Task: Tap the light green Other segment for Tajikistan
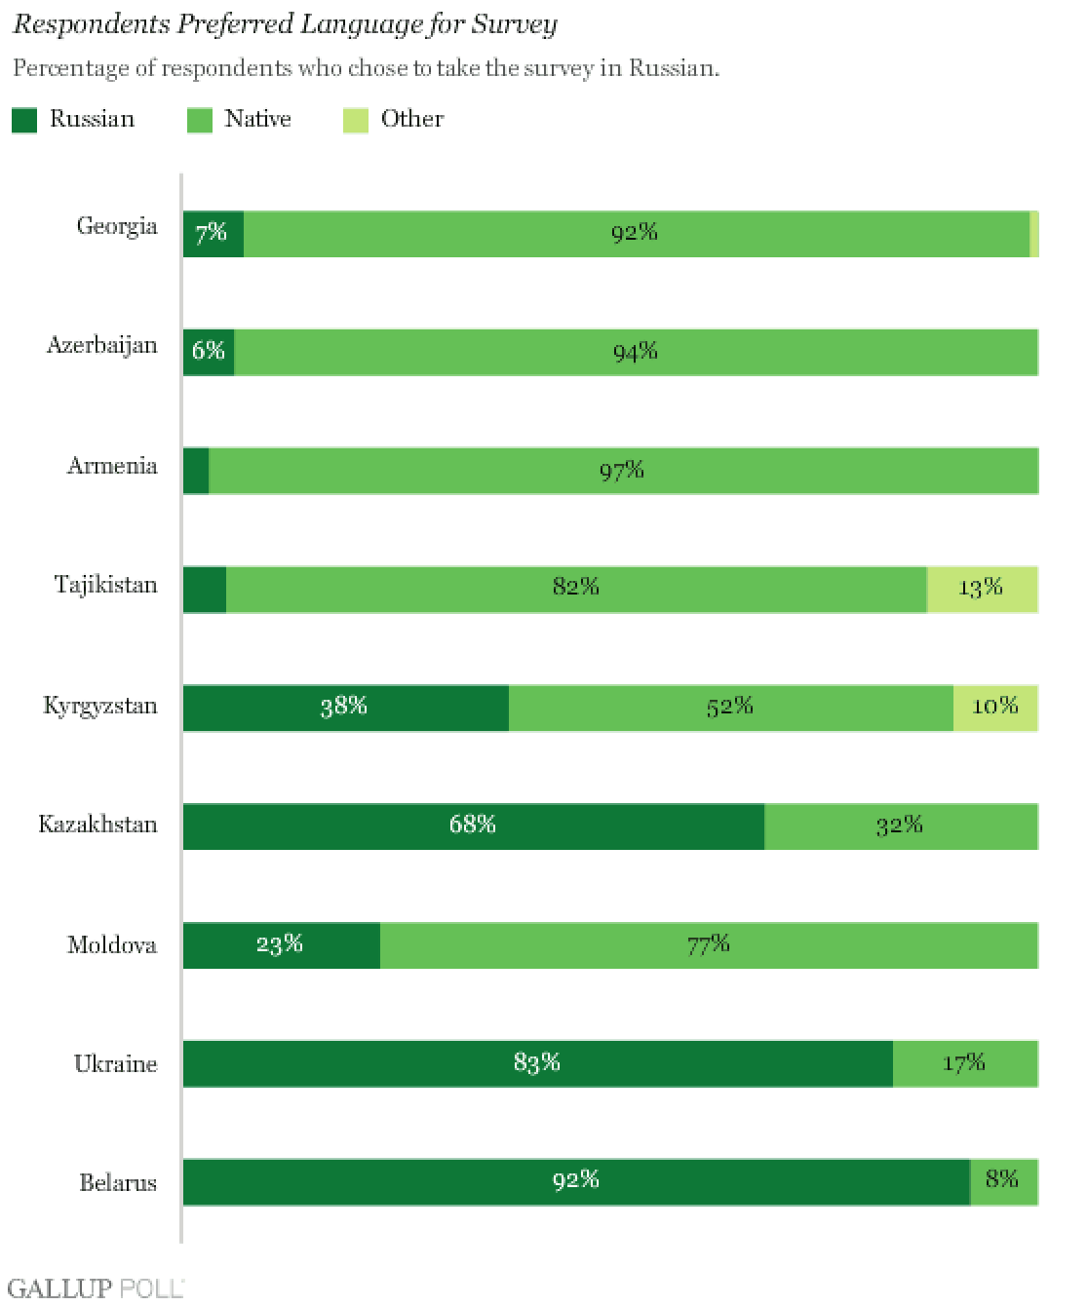click(982, 589)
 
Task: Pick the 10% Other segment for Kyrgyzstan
click(995, 708)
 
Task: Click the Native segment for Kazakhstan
click(901, 826)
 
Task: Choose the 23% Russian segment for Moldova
click(281, 945)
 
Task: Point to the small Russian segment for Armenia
click(196, 471)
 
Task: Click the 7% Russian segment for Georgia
click(213, 234)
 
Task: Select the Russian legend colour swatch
click(24, 121)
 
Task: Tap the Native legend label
click(257, 119)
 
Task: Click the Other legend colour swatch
click(355, 121)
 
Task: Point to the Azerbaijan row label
click(101, 346)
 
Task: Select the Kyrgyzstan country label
click(99, 706)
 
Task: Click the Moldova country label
click(111, 945)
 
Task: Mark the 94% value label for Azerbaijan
click(636, 352)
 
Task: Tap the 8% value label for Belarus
click(1001, 1179)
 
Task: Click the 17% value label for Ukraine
click(963, 1062)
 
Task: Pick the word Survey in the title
click(514, 24)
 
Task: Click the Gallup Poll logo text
click(95, 1288)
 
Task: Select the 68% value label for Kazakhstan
click(473, 825)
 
